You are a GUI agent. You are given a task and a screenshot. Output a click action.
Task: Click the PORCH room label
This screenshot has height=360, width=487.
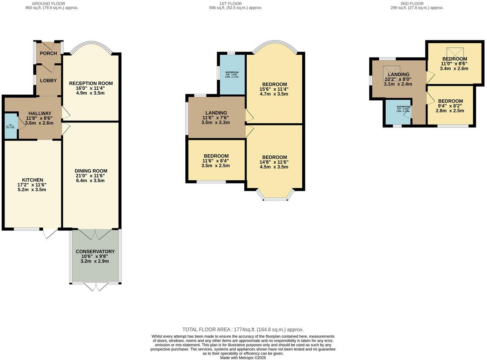click(x=48, y=53)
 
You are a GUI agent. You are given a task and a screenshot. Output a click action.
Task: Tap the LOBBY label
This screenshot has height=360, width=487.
click(x=48, y=81)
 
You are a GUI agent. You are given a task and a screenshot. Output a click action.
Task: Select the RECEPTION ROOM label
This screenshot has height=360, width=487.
click(x=91, y=83)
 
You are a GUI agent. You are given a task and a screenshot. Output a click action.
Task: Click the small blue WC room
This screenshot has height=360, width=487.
click(x=11, y=126)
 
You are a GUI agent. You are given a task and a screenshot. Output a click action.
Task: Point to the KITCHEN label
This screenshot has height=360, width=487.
click(x=33, y=180)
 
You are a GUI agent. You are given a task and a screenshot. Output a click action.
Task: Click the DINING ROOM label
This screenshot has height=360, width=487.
click(x=91, y=171)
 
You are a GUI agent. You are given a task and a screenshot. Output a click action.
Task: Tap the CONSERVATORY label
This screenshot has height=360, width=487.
click(x=95, y=252)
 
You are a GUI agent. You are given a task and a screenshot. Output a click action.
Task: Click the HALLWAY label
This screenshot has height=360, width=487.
click(x=40, y=113)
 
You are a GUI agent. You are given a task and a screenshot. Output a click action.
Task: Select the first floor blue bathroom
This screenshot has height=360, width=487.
click(x=232, y=74)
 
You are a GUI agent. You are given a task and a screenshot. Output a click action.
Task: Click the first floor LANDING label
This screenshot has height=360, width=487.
click(x=216, y=113)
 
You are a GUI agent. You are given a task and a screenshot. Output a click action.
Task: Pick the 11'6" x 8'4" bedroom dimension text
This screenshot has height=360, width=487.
click(x=215, y=161)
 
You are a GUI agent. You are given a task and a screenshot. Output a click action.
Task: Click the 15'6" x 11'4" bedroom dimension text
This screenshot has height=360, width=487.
click(x=274, y=89)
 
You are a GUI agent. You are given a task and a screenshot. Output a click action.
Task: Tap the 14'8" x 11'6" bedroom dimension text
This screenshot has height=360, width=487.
click(x=274, y=162)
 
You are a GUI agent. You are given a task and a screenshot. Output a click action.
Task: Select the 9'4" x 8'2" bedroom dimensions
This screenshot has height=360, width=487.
click(x=450, y=106)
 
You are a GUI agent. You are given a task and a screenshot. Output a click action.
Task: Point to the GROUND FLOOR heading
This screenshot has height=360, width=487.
click(x=48, y=3)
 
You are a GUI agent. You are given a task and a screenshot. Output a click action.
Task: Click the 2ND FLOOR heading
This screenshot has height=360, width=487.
click(x=412, y=3)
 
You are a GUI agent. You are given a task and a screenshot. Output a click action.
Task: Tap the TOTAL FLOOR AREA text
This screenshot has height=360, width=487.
click(x=243, y=330)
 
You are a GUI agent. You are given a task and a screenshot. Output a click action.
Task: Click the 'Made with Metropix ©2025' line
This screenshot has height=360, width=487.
click(x=243, y=358)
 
